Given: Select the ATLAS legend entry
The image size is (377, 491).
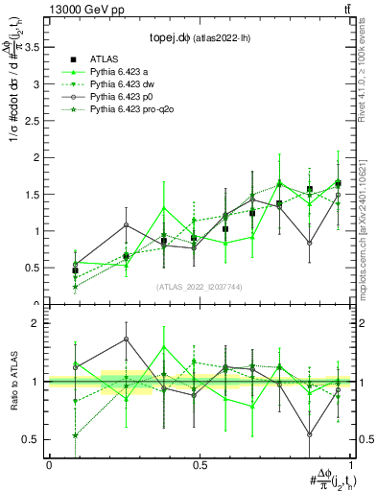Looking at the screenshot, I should [106, 58].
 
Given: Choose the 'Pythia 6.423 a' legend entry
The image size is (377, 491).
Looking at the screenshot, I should [121, 72].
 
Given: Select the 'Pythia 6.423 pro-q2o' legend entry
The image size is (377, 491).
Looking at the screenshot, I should [132, 111].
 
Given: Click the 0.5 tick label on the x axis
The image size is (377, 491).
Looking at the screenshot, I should [200, 465].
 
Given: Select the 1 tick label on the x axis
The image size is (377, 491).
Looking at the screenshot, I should [350, 465].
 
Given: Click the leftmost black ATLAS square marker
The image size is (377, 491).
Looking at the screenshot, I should [76, 270].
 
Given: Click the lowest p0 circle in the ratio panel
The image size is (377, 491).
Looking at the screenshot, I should [310, 434].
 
